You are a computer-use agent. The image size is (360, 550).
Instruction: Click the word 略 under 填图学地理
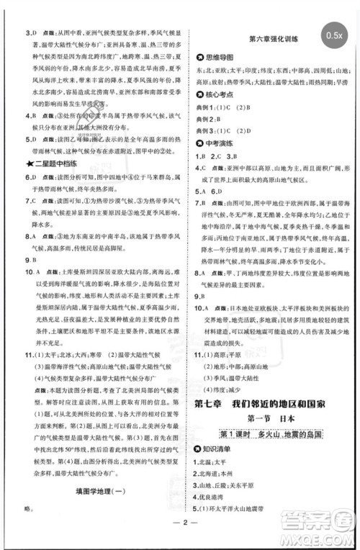(x=29, y=508)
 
